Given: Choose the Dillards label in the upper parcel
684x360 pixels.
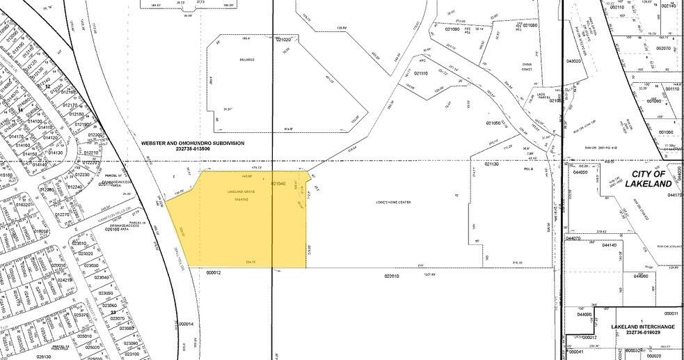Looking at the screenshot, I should pos(246,60).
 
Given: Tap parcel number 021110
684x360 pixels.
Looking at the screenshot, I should pos(420,73).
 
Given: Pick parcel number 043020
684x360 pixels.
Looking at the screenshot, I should pos(573,61).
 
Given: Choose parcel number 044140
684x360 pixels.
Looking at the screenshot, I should pos(610,245).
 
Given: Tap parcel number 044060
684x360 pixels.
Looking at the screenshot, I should pos(640,276).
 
